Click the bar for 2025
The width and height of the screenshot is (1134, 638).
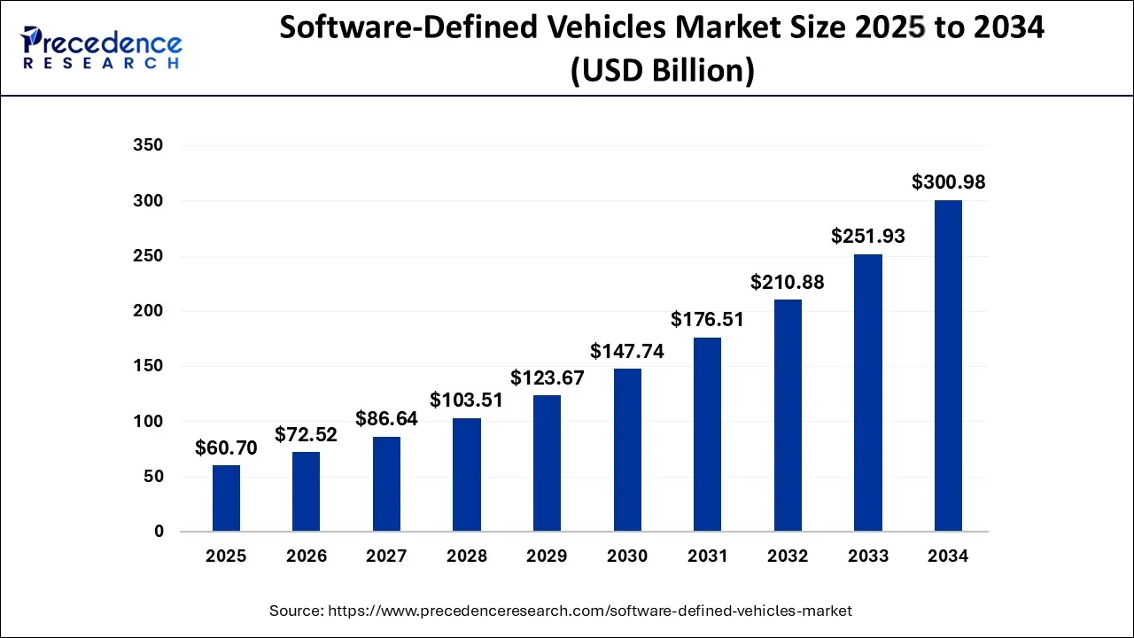click(x=226, y=498)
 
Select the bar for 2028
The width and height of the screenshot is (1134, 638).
click(x=467, y=475)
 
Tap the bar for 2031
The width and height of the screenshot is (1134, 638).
click(x=707, y=434)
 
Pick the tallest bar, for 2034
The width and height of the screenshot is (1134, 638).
click(x=948, y=366)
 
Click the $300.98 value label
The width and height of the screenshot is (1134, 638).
click(x=948, y=183)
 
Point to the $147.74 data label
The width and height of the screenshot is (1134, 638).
click(x=627, y=351)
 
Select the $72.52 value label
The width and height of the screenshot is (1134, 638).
click(x=307, y=434)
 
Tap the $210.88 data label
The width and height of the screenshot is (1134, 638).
click(x=788, y=282)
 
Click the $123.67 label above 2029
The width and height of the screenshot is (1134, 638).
click(x=548, y=377)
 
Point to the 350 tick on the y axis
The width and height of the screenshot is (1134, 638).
click(x=147, y=145)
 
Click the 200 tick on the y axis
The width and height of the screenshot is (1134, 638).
click(x=147, y=311)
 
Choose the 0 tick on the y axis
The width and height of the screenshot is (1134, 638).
click(x=159, y=532)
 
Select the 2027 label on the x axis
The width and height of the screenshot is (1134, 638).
click(x=386, y=556)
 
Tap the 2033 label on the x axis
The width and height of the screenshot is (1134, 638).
click(x=868, y=556)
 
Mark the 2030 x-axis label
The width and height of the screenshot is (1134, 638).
click(x=627, y=556)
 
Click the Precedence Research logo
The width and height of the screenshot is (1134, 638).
click(x=102, y=49)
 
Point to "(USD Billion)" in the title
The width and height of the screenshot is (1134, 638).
click(x=662, y=71)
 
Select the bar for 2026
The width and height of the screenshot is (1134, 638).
click(x=307, y=492)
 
